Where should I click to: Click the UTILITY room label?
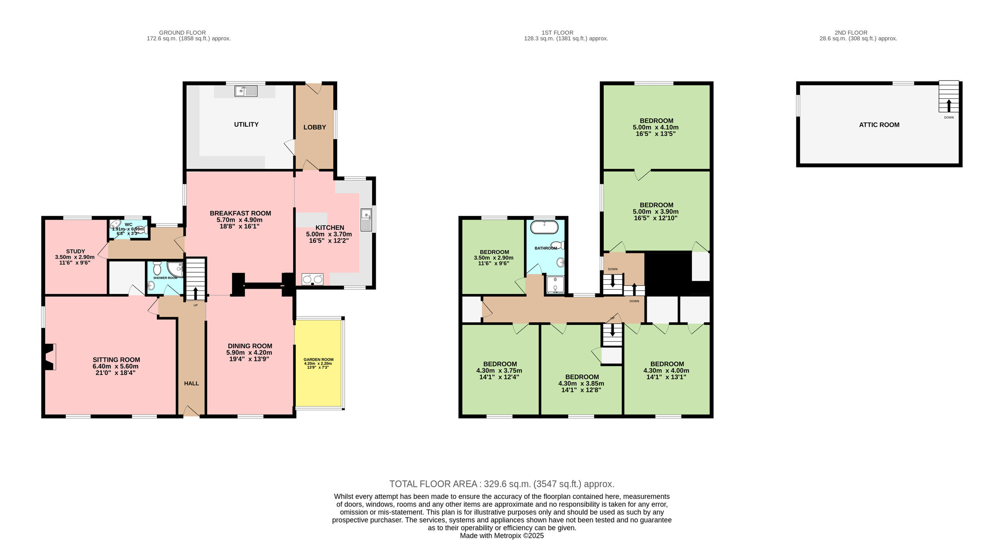246,124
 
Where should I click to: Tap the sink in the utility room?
246,91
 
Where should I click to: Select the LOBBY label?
315,127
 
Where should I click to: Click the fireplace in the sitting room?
49,356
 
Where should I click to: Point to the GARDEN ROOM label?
318,359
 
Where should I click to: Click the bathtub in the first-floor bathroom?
544,227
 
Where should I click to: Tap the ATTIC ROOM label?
879,125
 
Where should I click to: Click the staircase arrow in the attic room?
949,106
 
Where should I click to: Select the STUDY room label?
75,251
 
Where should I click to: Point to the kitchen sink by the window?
366,220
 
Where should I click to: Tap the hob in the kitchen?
313,279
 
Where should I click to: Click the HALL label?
191,383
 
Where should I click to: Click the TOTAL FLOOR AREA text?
502,484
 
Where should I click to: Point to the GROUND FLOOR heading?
182,33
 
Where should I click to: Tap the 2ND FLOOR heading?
851,33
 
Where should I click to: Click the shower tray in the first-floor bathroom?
555,285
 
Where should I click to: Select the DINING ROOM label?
250,346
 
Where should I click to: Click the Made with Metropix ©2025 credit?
502,536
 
